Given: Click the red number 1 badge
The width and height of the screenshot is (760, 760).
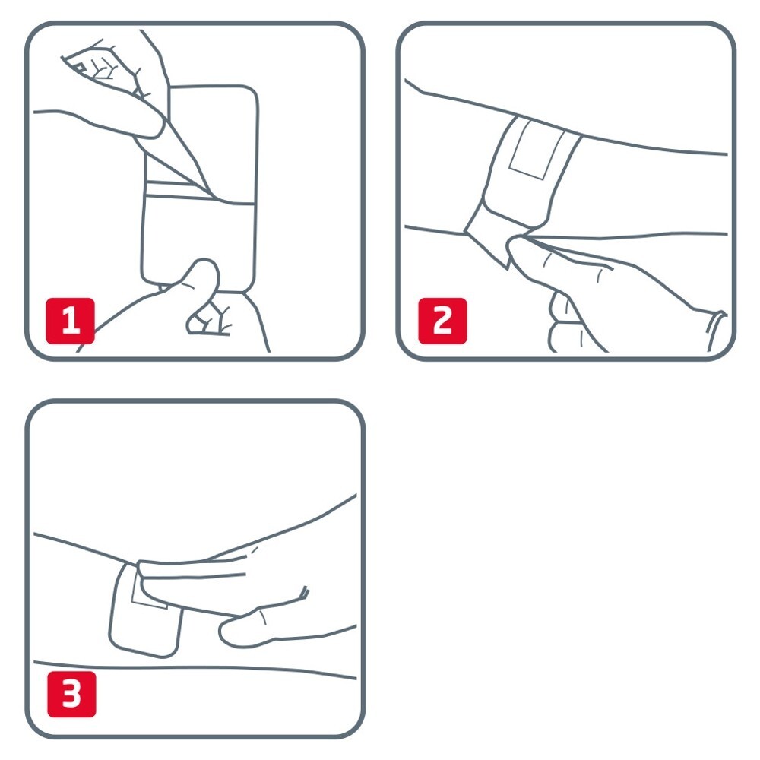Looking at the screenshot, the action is click(x=70, y=321).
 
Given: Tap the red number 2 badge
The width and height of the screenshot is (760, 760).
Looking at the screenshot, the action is click(x=442, y=321).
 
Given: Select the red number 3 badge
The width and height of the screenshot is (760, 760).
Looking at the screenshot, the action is click(x=71, y=694).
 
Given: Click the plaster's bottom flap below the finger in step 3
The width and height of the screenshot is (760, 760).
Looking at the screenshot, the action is click(x=145, y=630).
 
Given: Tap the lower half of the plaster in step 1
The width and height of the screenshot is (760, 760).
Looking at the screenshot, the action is click(x=198, y=242).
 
